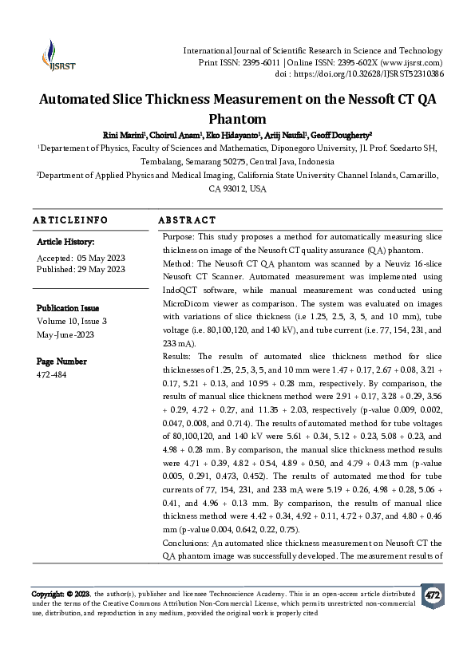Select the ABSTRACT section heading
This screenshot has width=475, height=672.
187,220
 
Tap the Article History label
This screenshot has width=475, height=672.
66,241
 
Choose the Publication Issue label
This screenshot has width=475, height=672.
69,307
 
